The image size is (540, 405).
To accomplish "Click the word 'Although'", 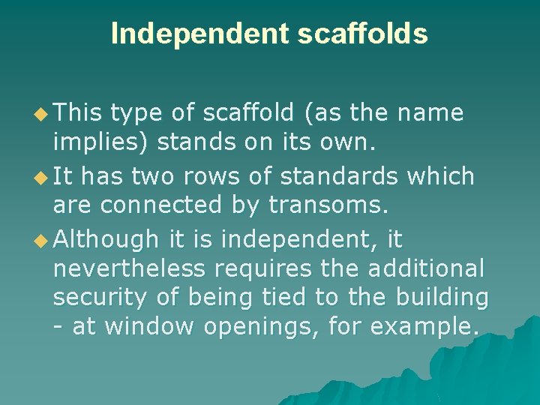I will (106, 240).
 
